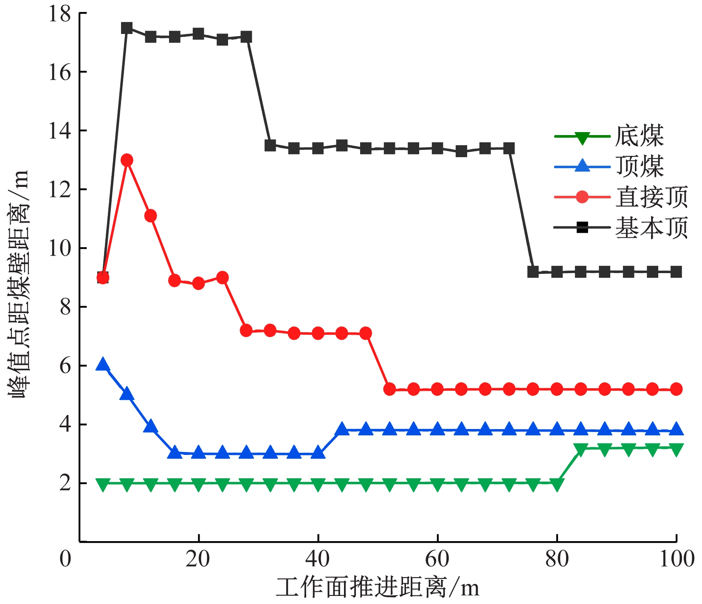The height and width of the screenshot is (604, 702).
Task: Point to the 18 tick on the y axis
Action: point(59,14)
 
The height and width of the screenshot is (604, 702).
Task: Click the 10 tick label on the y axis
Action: point(59,248)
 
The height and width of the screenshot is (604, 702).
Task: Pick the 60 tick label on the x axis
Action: point(437,559)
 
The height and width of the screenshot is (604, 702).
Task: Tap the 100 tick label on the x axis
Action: point(676,559)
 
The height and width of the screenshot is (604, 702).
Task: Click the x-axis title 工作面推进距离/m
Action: point(377,588)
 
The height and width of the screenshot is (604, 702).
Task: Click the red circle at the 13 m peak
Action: point(127,160)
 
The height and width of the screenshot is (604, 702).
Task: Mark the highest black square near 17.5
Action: point(127,28)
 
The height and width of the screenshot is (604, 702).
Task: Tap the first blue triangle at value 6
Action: point(103,364)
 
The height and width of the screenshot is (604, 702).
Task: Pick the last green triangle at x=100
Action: point(676,449)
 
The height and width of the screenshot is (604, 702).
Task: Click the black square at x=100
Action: point(676,272)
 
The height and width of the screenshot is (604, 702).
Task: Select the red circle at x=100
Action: point(676,389)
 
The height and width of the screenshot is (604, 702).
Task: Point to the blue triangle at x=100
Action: point(676,430)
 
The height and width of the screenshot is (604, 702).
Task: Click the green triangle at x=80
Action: point(557,484)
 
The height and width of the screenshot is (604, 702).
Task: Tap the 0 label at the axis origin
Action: point(65,559)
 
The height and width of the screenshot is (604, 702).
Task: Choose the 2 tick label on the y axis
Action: point(65,483)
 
